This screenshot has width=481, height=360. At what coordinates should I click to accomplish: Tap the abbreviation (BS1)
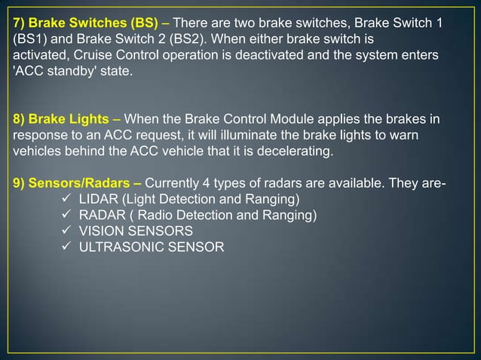pos(29,39)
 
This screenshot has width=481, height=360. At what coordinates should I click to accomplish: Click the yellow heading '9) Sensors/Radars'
pos(71,184)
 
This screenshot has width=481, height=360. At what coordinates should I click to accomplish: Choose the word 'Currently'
pos(173,184)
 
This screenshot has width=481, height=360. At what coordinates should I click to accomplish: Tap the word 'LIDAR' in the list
pos(99,200)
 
